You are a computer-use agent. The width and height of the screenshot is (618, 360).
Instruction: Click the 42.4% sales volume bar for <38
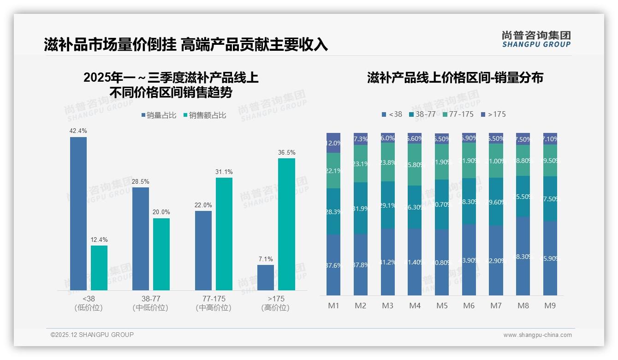pyautogui.click(x=78, y=213)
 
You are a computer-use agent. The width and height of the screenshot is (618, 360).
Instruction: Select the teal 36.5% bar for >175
pyautogui.click(x=286, y=224)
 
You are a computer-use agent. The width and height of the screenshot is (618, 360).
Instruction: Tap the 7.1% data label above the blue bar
pyautogui.click(x=266, y=259)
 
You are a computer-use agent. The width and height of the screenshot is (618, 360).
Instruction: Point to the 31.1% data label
pyautogui.click(x=224, y=172)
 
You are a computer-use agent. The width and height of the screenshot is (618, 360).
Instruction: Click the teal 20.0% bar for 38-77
pyautogui.click(x=161, y=254)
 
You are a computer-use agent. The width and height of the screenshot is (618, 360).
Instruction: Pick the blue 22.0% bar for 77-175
pyautogui.click(x=203, y=250)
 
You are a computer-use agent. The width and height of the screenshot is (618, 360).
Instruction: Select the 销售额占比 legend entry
pyautogui.click(x=204, y=115)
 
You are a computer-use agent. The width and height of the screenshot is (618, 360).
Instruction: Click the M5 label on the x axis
pyautogui.click(x=442, y=306)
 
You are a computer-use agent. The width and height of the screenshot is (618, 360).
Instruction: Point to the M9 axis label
pyautogui.click(x=550, y=306)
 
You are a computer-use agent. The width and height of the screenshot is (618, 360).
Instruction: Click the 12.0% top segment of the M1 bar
pyautogui.click(x=333, y=143)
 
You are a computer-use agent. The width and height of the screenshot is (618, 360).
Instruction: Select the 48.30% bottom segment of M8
pyautogui.click(x=523, y=256)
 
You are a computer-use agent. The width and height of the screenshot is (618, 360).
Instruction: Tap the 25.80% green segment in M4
pyautogui.click(x=415, y=165)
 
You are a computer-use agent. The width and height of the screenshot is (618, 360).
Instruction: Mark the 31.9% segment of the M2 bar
pyautogui.click(x=361, y=208)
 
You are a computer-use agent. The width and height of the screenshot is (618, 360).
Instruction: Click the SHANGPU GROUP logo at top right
pyautogui.click(x=536, y=39)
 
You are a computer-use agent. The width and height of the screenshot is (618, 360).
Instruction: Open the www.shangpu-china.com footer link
pyautogui.click(x=537, y=335)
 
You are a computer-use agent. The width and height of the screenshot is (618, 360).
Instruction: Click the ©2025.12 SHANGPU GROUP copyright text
pyautogui.click(x=92, y=335)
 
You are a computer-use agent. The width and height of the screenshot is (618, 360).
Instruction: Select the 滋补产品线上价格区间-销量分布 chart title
pyautogui.click(x=455, y=78)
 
